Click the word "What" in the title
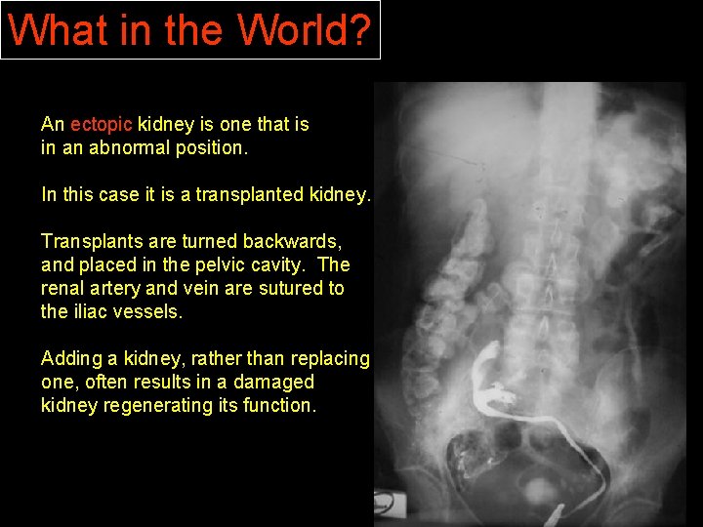click(x=50, y=30)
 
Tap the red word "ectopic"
click(x=102, y=124)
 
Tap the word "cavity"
click(x=263, y=264)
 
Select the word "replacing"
click(x=332, y=358)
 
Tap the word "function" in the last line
click(x=282, y=405)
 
